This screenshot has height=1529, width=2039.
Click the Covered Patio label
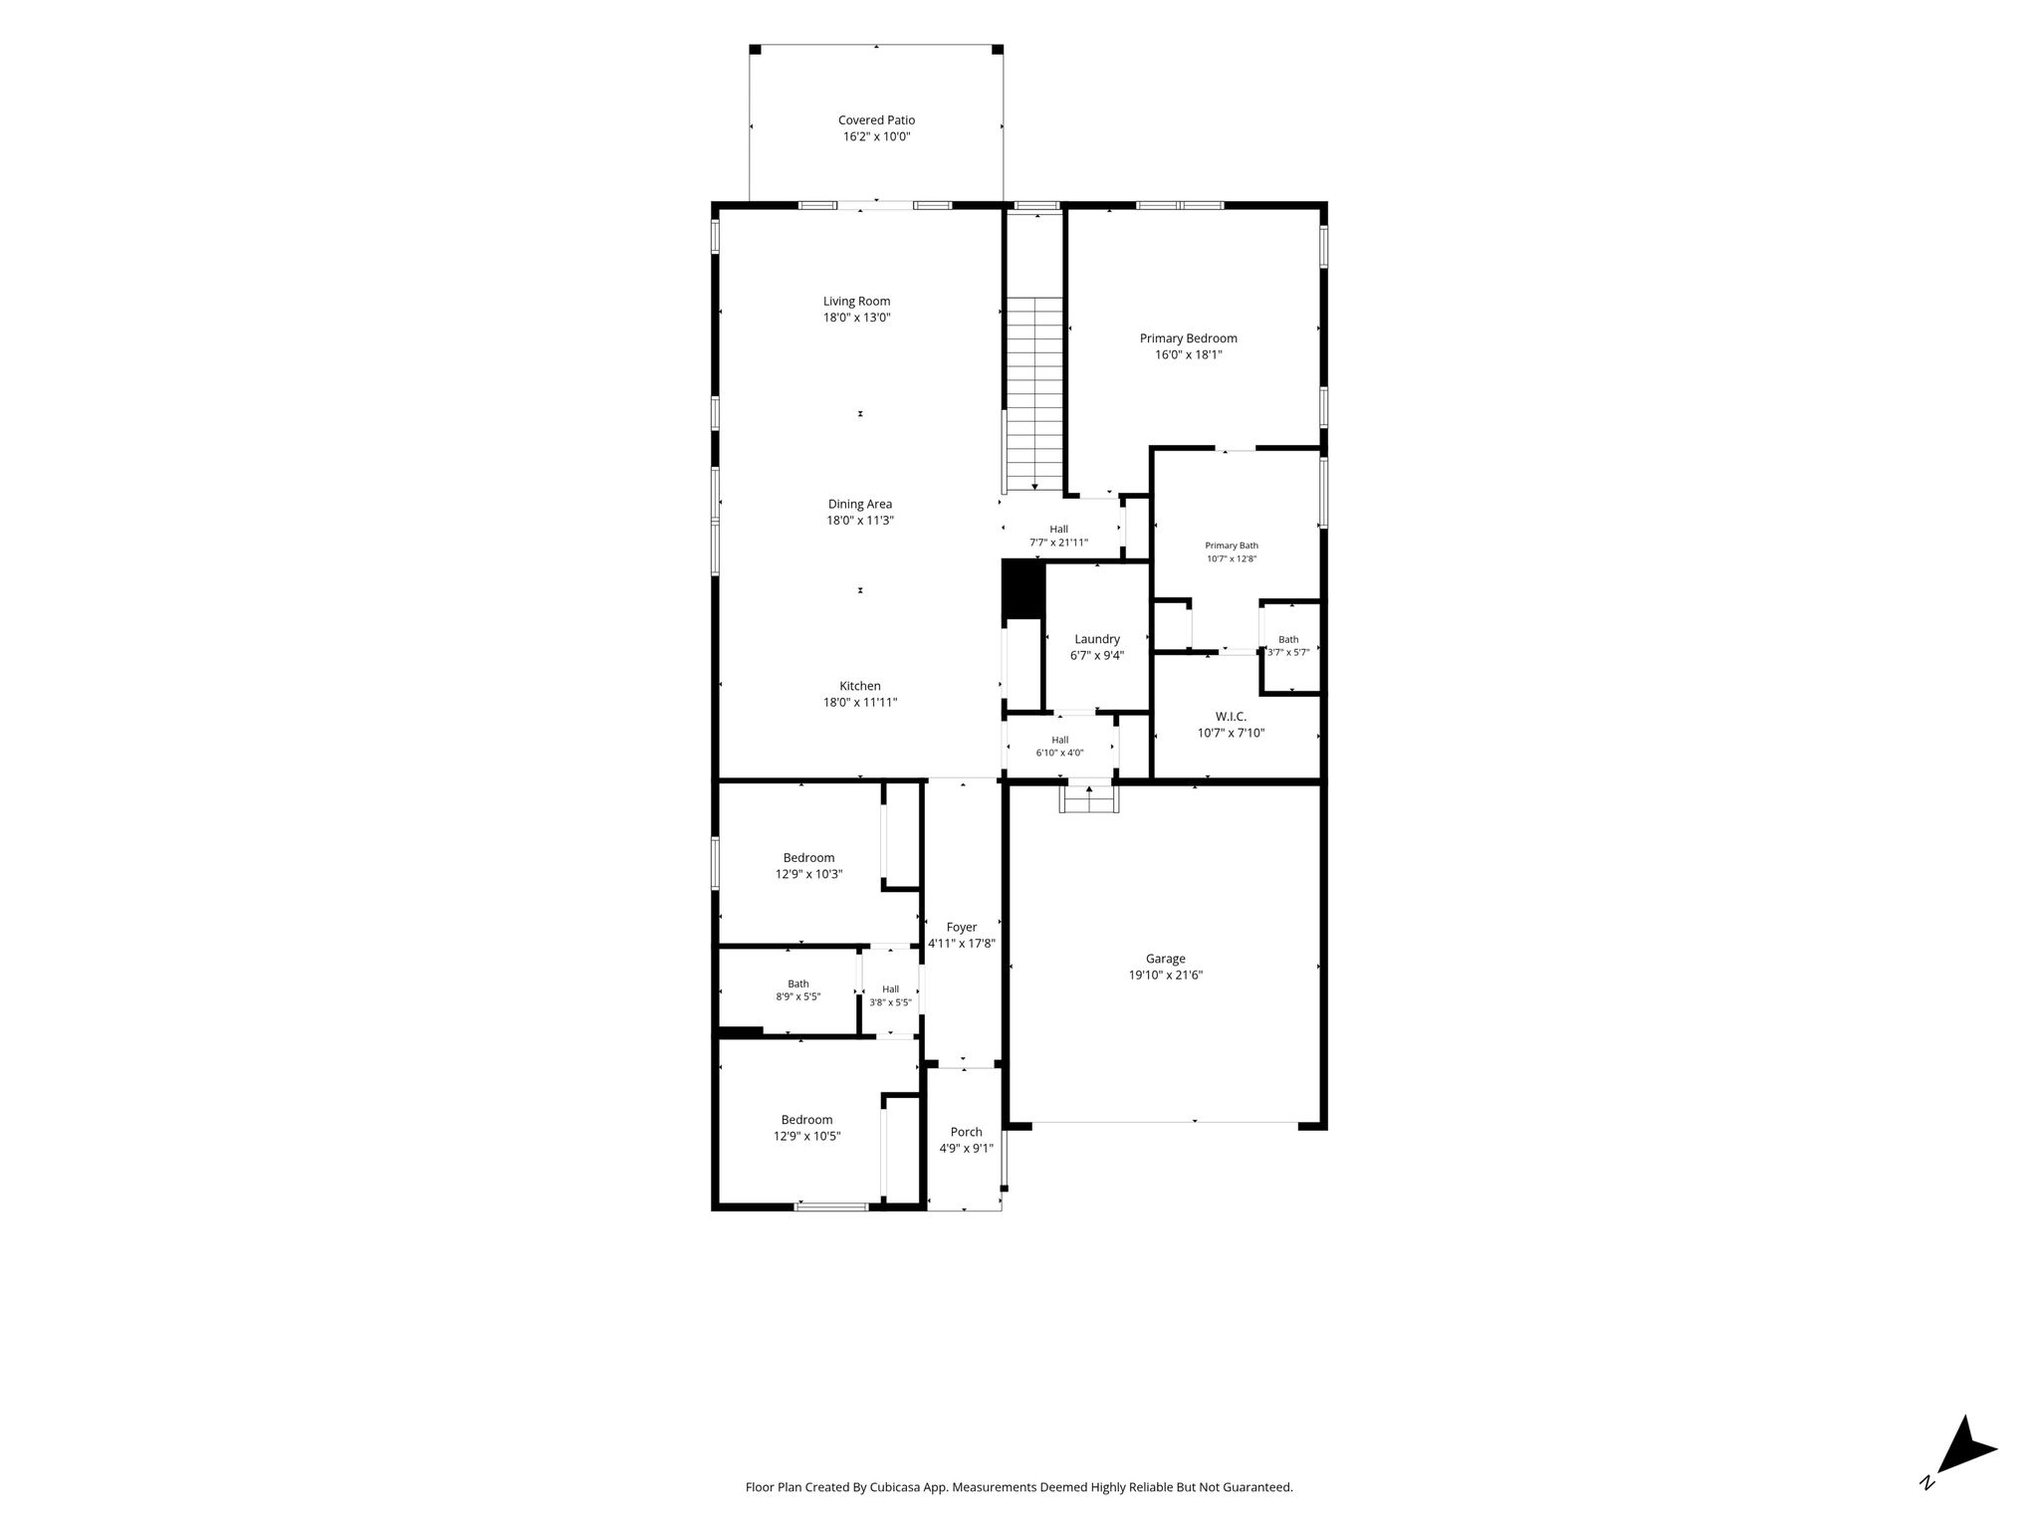click(876, 120)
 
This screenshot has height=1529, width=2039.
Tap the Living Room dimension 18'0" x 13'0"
click(856, 318)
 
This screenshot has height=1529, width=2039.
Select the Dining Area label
click(860, 504)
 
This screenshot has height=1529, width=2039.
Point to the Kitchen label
click(860, 686)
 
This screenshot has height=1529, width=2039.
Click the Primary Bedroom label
click(1189, 338)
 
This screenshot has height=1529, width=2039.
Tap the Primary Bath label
click(1232, 546)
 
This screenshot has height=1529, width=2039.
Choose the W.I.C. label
click(1231, 717)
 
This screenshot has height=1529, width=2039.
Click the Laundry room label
click(1097, 639)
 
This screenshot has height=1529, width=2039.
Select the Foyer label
click(962, 927)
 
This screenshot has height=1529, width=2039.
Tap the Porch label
click(966, 1132)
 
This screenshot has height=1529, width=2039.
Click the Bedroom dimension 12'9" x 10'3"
click(809, 874)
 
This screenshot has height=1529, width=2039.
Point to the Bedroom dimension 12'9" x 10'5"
click(807, 1136)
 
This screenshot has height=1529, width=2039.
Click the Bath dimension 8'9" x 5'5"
click(798, 996)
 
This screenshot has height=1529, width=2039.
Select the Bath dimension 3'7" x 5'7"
click(1288, 652)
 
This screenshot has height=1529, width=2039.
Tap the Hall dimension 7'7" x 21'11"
click(1058, 543)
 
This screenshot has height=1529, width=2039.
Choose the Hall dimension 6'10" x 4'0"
click(1059, 753)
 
